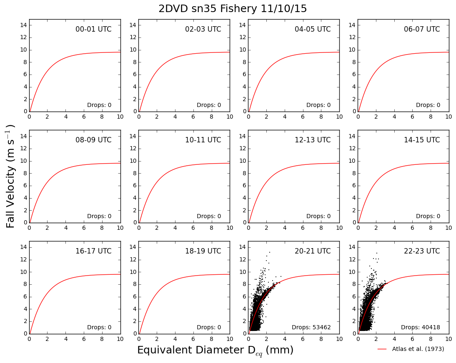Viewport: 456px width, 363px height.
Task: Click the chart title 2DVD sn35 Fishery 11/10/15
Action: coord(232,9)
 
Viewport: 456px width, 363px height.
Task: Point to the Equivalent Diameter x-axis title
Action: coord(215,350)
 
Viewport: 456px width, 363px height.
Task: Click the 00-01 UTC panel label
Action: coord(93,29)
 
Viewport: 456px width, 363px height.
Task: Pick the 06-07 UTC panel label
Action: coord(422,29)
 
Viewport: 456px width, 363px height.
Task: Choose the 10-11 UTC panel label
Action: coord(203,140)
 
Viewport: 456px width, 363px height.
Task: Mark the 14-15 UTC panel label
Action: coord(422,140)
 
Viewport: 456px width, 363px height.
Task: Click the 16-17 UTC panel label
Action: coord(93,251)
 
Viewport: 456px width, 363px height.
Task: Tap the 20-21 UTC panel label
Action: coord(313,251)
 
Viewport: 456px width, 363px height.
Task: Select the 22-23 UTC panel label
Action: coord(422,251)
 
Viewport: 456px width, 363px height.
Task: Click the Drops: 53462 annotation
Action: coord(311,327)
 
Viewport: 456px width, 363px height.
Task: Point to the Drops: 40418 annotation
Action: coord(421,327)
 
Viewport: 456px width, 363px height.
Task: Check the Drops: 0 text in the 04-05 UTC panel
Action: coord(318,105)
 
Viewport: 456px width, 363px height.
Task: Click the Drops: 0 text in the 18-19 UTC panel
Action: coord(209,327)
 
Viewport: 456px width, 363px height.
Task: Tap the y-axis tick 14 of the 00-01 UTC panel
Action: coord(24,25)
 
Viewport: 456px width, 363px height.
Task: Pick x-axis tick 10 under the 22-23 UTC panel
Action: coord(449,339)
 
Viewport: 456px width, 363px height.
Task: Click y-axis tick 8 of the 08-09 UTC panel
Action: coord(25,173)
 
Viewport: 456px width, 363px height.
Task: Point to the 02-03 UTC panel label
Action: coord(203,29)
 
